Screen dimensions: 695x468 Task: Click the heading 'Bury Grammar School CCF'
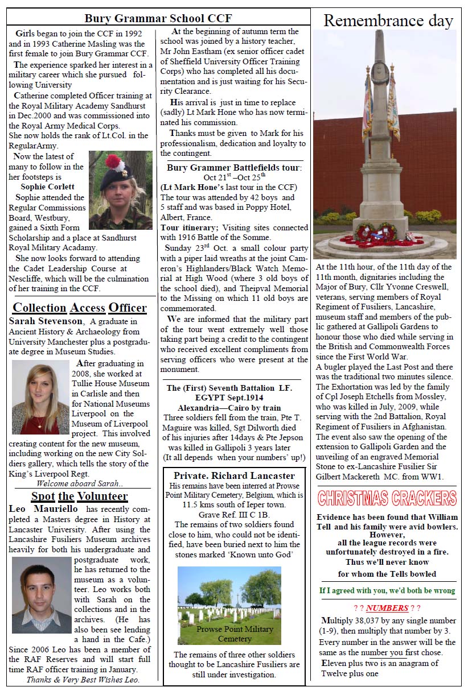coord(158,18)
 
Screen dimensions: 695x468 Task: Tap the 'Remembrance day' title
coord(388,21)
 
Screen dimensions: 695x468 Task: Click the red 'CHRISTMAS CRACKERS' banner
coord(387,498)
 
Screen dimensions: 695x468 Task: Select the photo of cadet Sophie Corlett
coord(121,191)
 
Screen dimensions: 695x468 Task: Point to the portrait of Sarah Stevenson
coord(40,397)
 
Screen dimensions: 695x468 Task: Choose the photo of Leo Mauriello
coord(42,594)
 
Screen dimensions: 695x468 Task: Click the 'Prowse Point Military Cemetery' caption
coord(235,634)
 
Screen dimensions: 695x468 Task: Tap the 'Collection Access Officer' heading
coord(80,308)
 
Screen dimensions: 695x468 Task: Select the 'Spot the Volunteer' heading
coord(79,496)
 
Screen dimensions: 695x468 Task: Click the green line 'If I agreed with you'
coord(387,590)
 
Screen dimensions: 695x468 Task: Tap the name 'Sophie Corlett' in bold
coord(47,187)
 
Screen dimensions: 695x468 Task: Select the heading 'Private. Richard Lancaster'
coord(234,475)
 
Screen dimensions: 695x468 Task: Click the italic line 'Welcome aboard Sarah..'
coord(79,483)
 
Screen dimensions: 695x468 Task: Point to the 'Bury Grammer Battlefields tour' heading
coord(234,168)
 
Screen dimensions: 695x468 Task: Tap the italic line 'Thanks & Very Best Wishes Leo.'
coord(83,679)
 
